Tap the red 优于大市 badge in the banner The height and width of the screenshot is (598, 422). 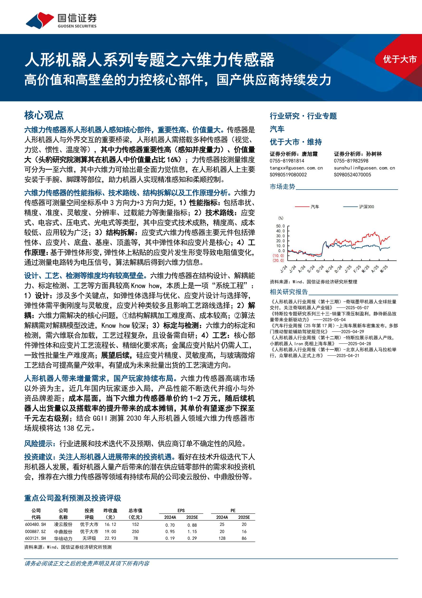[399, 59]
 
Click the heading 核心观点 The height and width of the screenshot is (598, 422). [44, 115]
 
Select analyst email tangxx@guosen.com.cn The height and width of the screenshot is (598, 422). [296, 168]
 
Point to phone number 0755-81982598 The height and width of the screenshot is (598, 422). [351, 161]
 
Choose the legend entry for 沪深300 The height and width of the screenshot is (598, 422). [366, 206]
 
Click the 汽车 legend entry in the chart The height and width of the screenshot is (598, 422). [315, 206]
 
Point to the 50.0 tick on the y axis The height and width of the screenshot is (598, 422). [280, 226]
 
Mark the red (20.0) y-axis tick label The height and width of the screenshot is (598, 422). [278, 260]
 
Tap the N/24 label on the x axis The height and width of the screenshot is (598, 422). [329, 269]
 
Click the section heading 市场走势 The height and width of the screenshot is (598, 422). [282, 186]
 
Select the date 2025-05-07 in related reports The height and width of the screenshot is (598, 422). [357, 308]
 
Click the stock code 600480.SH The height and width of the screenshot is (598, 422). [35, 524]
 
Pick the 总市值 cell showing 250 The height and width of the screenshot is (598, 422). [135, 531]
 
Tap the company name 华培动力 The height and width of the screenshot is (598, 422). [63, 538]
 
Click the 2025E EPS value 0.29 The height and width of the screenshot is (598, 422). [192, 538]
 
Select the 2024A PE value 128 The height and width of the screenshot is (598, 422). [222, 538]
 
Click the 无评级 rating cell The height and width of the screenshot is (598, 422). [89, 538]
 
